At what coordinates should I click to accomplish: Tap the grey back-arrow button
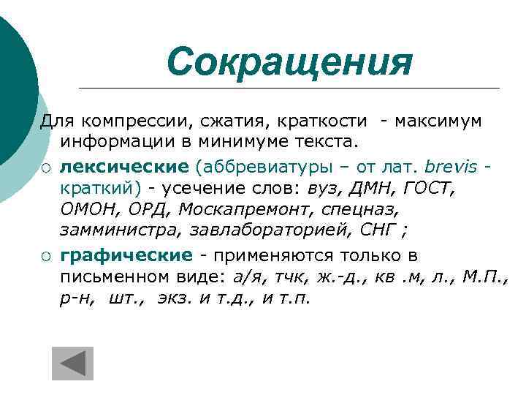coord(73,364)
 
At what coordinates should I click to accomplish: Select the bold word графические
coord(126,255)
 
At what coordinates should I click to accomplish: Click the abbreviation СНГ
coord(378,233)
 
